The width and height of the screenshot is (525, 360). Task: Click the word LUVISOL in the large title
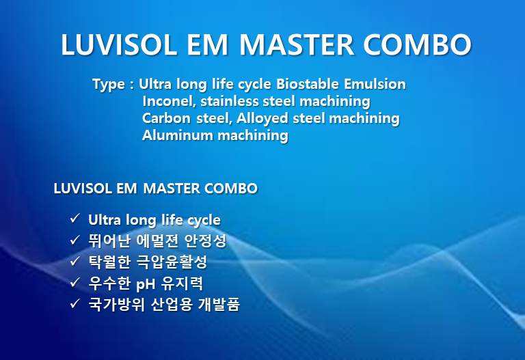click(x=119, y=45)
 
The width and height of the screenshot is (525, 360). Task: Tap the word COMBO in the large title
click(x=417, y=45)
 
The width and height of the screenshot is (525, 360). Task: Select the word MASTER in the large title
click(x=296, y=45)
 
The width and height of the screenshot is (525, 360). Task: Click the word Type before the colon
click(x=109, y=84)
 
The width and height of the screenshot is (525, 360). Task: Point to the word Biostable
click(x=308, y=83)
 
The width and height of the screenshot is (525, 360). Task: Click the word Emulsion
click(x=375, y=83)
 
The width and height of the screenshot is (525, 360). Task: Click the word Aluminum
click(x=178, y=135)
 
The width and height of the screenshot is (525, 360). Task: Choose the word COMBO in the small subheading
click(x=231, y=189)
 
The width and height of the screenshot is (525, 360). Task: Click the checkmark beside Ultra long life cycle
click(x=75, y=219)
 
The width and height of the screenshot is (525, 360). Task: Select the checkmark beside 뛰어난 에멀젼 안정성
click(x=75, y=240)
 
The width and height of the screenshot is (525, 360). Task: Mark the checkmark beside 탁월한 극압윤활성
click(x=75, y=261)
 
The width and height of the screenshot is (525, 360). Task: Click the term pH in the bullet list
click(x=146, y=285)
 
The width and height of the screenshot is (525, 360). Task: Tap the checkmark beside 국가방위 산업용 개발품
click(x=75, y=303)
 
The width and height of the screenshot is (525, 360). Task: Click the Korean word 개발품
click(x=219, y=304)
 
